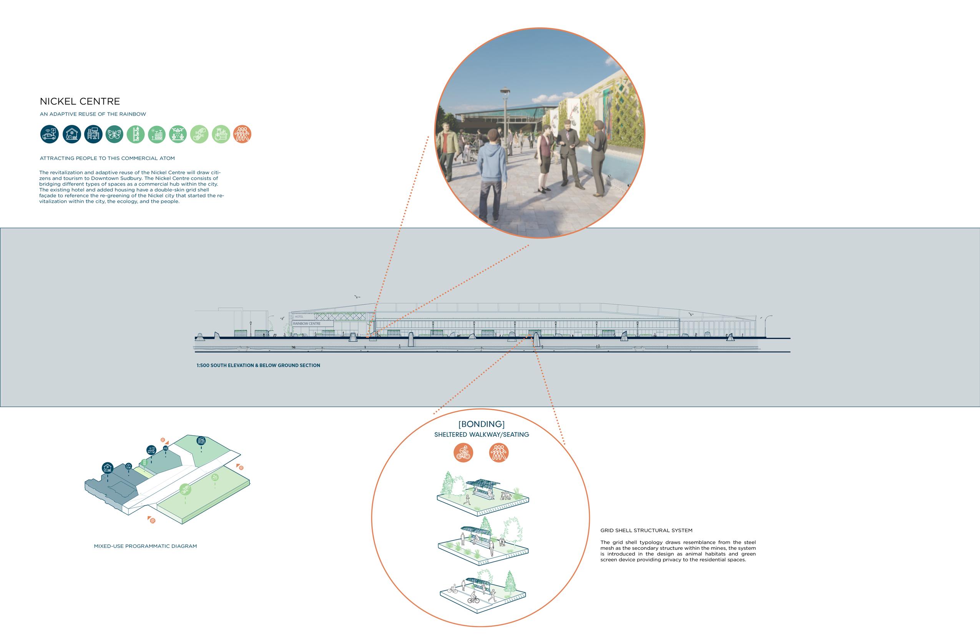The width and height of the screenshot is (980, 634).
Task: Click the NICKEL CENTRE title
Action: (x=80, y=101)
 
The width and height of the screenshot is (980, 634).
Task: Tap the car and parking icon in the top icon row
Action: (x=50, y=134)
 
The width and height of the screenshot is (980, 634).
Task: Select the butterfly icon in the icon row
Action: (x=114, y=134)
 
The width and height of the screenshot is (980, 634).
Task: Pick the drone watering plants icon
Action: (x=178, y=134)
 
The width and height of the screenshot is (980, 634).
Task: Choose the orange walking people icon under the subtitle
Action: (x=242, y=134)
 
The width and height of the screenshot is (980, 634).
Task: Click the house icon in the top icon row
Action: (x=71, y=134)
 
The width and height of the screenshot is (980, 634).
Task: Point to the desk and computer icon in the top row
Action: (x=93, y=134)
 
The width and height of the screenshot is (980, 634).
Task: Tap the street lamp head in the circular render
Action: (x=505, y=91)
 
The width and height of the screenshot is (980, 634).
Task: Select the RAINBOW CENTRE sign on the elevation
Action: (x=306, y=324)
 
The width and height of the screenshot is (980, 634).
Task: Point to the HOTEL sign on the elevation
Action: (x=299, y=317)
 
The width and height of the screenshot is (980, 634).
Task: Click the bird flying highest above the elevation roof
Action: (x=357, y=296)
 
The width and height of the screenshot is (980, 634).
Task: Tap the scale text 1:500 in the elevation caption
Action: (x=203, y=365)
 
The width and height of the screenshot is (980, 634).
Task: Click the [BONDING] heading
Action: (x=481, y=424)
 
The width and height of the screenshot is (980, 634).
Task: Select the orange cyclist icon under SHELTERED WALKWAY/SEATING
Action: (x=463, y=453)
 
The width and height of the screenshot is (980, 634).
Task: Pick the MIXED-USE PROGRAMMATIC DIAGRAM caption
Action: (x=145, y=546)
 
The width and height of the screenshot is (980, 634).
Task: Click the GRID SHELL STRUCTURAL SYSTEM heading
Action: (x=646, y=530)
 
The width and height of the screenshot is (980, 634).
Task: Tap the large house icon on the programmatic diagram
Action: (x=108, y=468)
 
